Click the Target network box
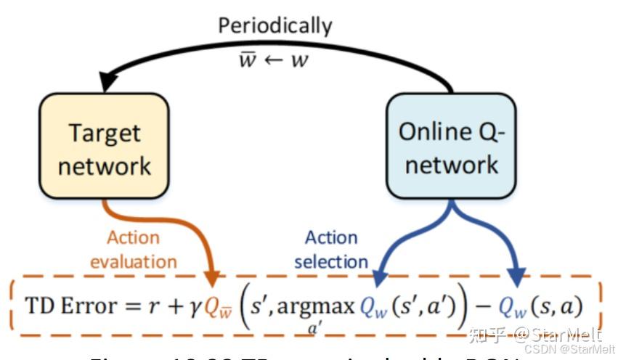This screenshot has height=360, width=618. point(105,148)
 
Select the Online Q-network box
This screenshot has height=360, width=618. point(451,148)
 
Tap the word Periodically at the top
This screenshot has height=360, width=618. point(275,26)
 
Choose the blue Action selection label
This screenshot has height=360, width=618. point(331,249)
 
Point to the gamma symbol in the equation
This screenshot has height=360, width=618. point(194,308)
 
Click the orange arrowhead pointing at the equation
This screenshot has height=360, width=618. point(214,279)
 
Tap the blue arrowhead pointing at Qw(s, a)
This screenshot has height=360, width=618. point(516,279)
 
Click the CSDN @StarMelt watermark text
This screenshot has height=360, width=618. point(569,348)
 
